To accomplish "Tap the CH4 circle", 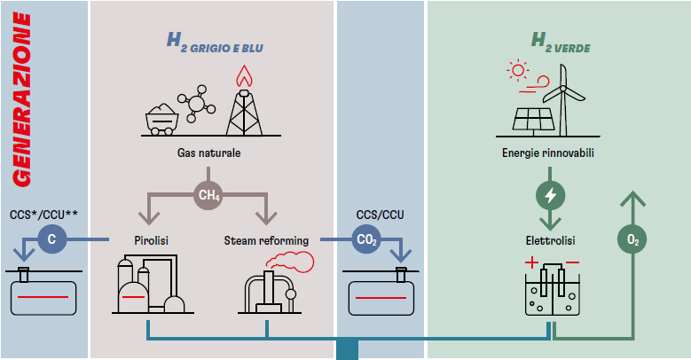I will (x=209, y=194).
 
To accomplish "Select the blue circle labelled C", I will (x=51, y=239).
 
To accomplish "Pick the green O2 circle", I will (x=632, y=240).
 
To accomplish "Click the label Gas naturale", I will (x=208, y=153).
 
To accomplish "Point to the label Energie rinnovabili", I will (x=547, y=153).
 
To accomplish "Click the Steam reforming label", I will (x=266, y=240).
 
